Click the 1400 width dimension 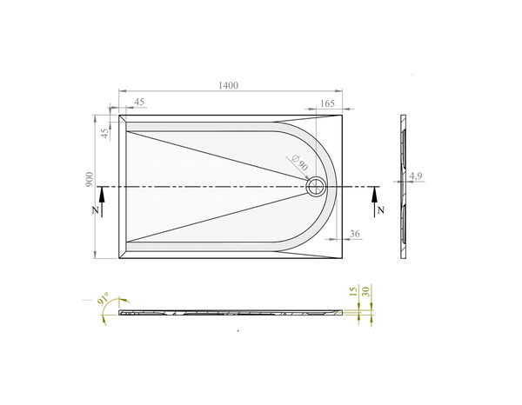click(x=229, y=85)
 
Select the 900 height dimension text click(x=90, y=179)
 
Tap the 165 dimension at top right click(x=327, y=103)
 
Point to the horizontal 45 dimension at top click(x=139, y=103)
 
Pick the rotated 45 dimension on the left click(x=105, y=133)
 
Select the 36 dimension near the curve click(x=355, y=233)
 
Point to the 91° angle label click(x=102, y=300)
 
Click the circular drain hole click(x=316, y=186)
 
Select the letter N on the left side click(x=95, y=211)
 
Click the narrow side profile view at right click(x=404, y=186)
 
